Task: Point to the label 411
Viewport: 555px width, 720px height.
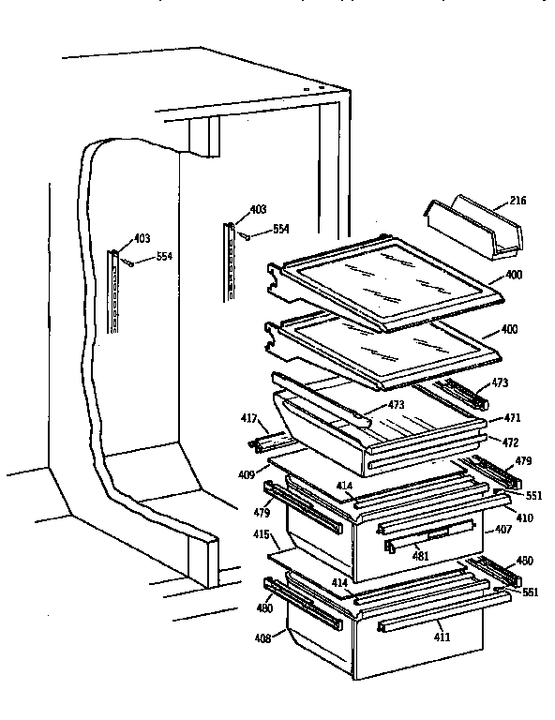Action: pyautogui.click(x=441, y=637)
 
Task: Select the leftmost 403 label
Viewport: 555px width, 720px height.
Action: pyautogui.click(x=141, y=239)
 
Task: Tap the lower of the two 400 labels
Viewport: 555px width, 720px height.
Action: pyautogui.click(x=513, y=332)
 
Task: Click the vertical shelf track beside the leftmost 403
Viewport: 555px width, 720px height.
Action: pyautogui.click(x=113, y=291)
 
